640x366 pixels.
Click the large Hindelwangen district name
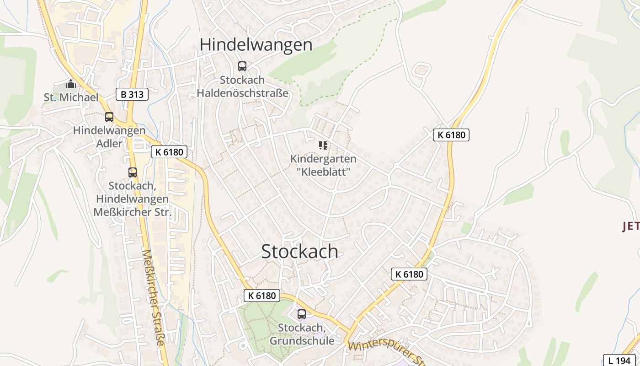(x=256, y=45)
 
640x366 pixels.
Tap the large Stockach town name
(x=300, y=252)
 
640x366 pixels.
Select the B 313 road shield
(x=132, y=95)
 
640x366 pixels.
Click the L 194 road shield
(x=619, y=360)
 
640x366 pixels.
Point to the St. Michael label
(x=71, y=97)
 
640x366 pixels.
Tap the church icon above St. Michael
(x=71, y=84)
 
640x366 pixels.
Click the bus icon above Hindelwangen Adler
(x=109, y=117)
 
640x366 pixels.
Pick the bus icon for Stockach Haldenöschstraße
(x=242, y=66)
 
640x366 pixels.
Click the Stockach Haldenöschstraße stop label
(x=242, y=86)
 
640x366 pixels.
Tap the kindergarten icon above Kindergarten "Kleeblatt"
(x=323, y=145)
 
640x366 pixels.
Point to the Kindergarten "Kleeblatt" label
(x=323, y=165)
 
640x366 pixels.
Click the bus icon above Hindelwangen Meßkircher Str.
(x=133, y=172)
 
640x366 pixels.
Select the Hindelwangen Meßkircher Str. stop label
(x=132, y=199)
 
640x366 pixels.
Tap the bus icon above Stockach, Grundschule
(x=302, y=314)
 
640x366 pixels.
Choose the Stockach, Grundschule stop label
(x=302, y=334)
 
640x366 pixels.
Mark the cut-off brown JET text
(x=631, y=226)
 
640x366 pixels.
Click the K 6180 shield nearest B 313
(x=169, y=152)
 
